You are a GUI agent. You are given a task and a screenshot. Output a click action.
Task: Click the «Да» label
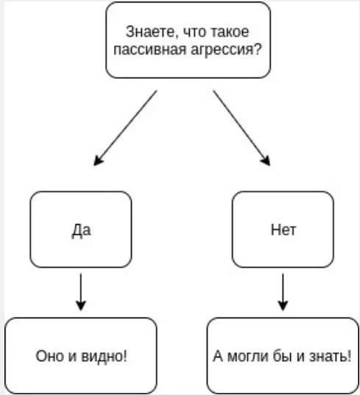coord(81,230)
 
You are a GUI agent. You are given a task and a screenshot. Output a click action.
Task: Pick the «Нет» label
coord(283,230)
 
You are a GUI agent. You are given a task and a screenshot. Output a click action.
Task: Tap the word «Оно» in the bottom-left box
coord(47,356)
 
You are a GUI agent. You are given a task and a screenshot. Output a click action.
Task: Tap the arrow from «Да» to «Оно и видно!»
coord(81,291)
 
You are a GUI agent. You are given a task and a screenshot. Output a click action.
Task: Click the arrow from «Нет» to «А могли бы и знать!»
coord(283,291)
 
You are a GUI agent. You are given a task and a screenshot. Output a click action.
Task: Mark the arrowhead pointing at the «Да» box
coord(98,160)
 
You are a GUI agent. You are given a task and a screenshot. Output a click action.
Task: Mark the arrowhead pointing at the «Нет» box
coord(267,160)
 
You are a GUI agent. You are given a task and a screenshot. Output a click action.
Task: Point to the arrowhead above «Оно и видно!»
coord(81,305)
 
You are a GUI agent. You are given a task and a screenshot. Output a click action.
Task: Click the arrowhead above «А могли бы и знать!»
coord(283,305)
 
